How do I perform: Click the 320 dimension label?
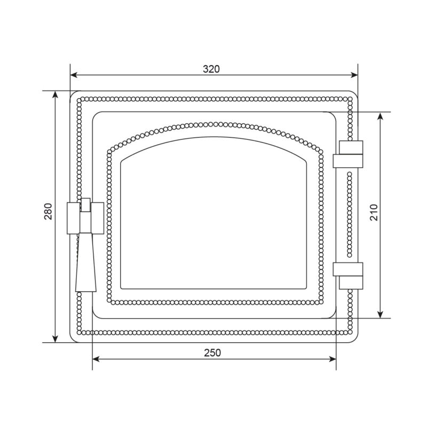[x=211, y=69]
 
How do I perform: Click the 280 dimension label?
[x=48, y=211]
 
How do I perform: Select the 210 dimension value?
[x=374, y=212]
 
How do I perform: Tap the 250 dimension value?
[x=212, y=353]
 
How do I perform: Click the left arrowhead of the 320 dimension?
[x=74, y=75]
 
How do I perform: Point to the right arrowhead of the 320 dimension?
[x=354, y=75]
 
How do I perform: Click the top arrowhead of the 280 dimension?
[x=56, y=94]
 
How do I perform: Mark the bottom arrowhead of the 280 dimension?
[x=56, y=338]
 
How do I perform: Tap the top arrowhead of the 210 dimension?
[x=381, y=116]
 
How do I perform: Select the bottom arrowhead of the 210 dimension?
[x=381, y=314]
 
